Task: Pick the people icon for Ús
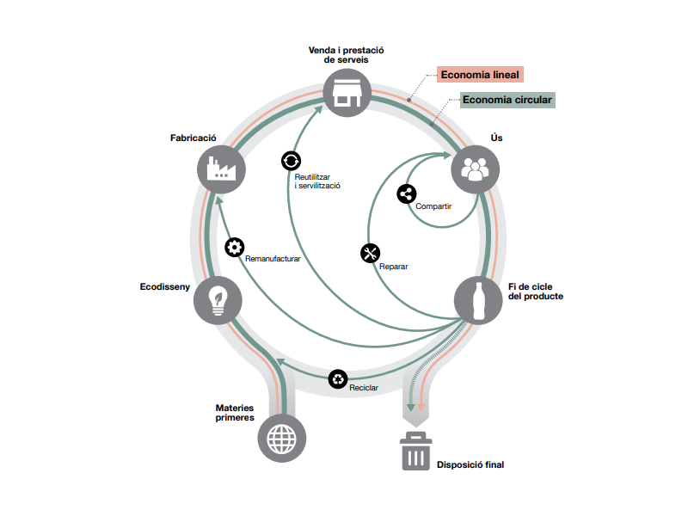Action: (474, 168)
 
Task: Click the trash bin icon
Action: (415, 451)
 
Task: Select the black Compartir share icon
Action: (407, 193)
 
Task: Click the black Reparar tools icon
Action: (371, 253)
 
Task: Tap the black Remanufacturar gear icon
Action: (234, 247)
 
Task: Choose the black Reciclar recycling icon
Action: (339, 378)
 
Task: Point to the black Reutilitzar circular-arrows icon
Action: (291, 160)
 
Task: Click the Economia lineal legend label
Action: (480, 75)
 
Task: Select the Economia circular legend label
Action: (507, 100)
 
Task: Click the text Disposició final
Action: (470, 464)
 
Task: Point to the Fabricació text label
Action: (193, 138)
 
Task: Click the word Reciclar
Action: (364, 388)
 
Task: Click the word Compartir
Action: (433, 206)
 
